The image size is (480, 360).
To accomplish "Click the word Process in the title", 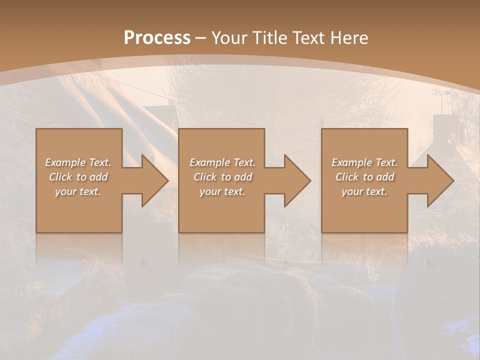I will coord(157,38).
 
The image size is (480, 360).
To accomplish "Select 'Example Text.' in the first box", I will coord(78,162).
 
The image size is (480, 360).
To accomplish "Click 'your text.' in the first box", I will coord(78,191).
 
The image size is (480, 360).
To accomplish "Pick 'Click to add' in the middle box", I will coord(222,177).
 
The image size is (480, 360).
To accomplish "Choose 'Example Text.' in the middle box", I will coord(222,162).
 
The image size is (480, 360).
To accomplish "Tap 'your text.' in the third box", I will coord(364,191).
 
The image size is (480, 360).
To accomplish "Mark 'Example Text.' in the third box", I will coord(364,162).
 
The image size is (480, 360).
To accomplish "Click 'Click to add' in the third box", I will coord(364,177).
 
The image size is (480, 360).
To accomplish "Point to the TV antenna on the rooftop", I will coord(442,93).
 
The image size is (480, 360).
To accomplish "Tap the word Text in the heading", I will coord(308,38).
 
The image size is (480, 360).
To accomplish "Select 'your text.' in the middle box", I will coord(222,191).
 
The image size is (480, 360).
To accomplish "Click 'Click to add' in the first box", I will coord(78,177).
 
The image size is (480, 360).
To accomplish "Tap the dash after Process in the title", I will coord(200,38).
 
